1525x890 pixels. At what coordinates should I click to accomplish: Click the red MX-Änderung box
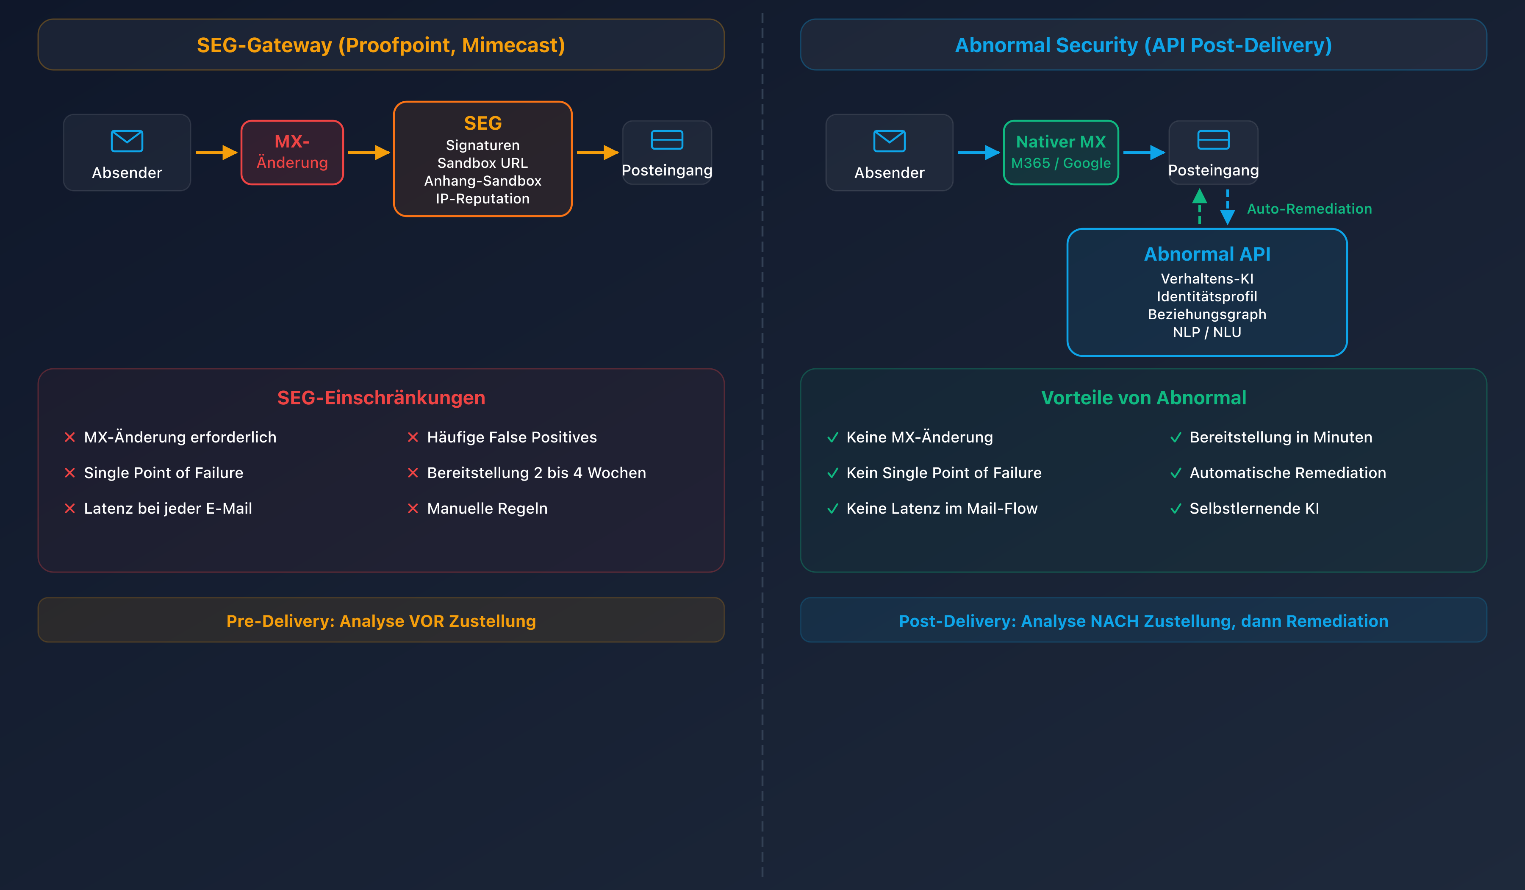[x=292, y=152]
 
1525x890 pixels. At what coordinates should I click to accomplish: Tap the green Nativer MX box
[x=1060, y=152]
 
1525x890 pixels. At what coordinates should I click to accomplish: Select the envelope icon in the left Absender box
[x=127, y=141]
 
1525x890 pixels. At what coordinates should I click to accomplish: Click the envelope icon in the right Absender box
[x=889, y=141]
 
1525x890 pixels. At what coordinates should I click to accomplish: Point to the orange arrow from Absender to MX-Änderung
[x=216, y=153]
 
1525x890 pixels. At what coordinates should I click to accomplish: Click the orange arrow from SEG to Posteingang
[x=597, y=153]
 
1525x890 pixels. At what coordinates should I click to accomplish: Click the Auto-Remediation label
[x=1309, y=209]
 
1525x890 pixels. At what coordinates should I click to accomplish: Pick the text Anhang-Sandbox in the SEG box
[x=482, y=181]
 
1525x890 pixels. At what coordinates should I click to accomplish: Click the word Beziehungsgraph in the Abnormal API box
[x=1207, y=314]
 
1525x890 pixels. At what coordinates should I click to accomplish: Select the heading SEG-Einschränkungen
[x=381, y=398]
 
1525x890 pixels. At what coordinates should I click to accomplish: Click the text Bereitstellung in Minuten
[x=1281, y=437]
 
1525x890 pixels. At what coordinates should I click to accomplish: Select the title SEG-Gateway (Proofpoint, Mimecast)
[x=381, y=45]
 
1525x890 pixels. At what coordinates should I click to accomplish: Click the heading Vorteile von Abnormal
[x=1143, y=398]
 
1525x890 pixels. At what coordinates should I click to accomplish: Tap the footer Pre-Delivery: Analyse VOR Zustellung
[x=381, y=621]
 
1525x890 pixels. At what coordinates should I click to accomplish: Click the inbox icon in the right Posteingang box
[x=1213, y=140]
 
